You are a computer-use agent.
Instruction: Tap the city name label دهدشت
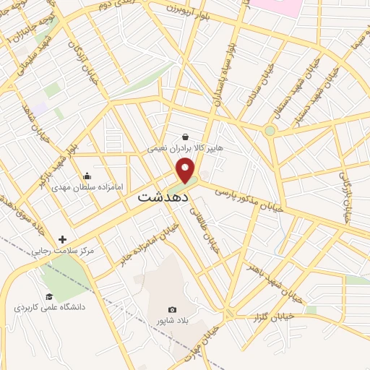click(x=163, y=196)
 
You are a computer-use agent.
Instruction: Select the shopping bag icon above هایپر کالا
click(x=186, y=136)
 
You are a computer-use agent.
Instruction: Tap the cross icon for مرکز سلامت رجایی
click(x=62, y=239)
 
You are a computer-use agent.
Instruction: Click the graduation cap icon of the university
click(x=49, y=296)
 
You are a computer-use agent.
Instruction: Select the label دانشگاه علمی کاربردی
click(x=49, y=307)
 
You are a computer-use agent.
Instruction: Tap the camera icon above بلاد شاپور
click(x=171, y=309)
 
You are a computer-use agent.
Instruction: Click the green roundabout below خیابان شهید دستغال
click(x=270, y=131)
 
